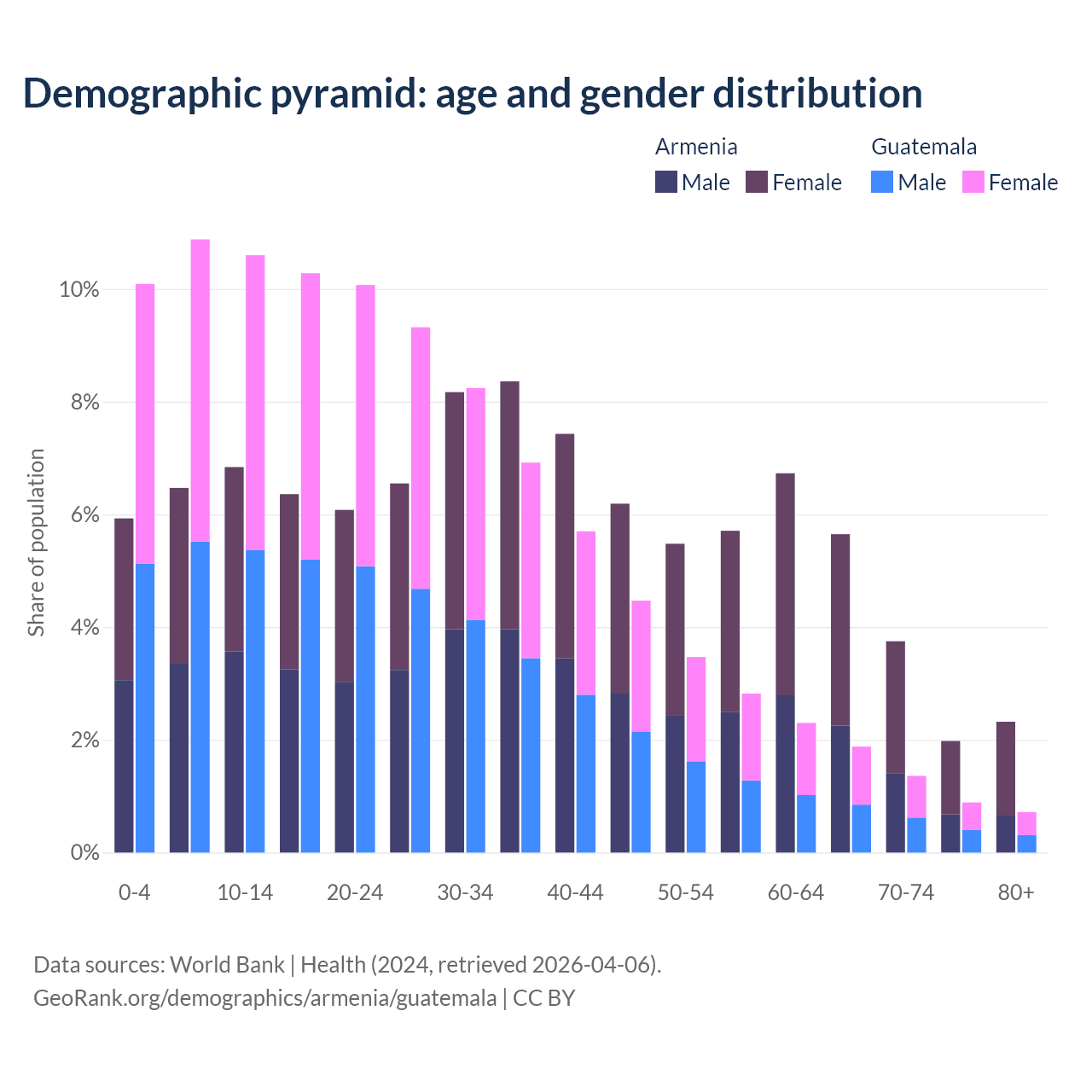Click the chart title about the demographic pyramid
(x=473, y=94)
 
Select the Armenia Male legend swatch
(x=666, y=182)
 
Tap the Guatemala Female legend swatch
(x=973, y=182)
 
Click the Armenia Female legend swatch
(x=757, y=182)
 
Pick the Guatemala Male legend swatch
(x=882, y=182)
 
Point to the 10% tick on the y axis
(x=79, y=290)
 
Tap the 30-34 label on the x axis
(x=465, y=893)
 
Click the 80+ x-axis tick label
(x=1016, y=893)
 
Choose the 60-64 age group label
(x=796, y=893)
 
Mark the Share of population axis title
(x=36, y=543)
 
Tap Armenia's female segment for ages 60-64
(x=785, y=584)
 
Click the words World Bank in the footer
(x=227, y=965)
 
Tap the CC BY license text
(x=543, y=998)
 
